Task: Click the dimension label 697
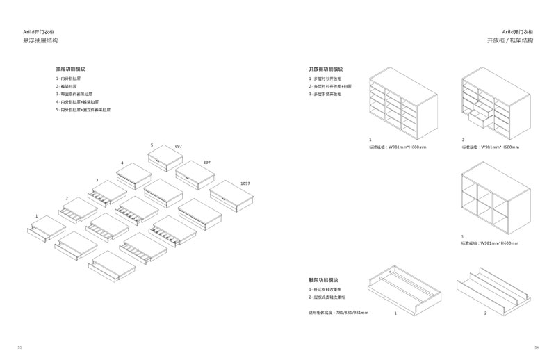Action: pos(178,148)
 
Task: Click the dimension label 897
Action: pos(206,162)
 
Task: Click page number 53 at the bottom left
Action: pos(19,347)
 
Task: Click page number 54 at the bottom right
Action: pos(536,347)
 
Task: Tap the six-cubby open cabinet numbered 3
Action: pos(496,199)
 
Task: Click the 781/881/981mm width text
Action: pos(339,312)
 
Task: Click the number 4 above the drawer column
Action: pos(122,163)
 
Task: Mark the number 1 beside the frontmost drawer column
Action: pos(36,216)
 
